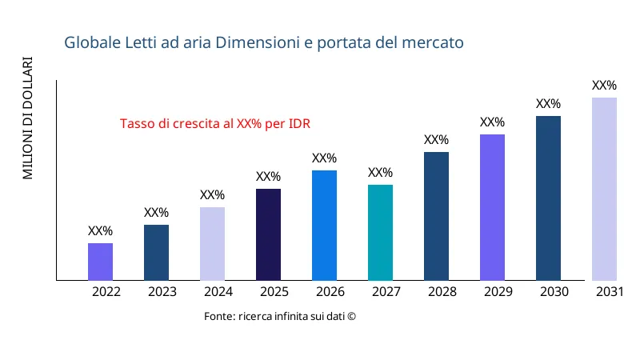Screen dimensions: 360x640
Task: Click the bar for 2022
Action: pyautogui.click(x=100, y=262)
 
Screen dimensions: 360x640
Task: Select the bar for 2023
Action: pyautogui.click(x=156, y=253)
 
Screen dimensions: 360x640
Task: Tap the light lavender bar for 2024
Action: pyautogui.click(x=212, y=244)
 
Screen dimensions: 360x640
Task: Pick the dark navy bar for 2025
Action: pyautogui.click(x=268, y=234)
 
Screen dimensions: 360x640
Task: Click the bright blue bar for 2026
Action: pyautogui.click(x=324, y=226)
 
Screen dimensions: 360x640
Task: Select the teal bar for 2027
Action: pyautogui.click(x=380, y=233)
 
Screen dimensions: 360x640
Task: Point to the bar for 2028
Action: pyautogui.click(x=436, y=216)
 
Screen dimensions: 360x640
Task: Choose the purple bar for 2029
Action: pyautogui.click(x=492, y=207)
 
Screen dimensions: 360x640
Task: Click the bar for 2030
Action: pyautogui.click(x=548, y=198)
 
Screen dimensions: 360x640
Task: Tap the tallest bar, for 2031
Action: pyautogui.click(x=604, y=189)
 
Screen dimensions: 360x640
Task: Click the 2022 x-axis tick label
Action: pyautogui.click(x=106, y=292)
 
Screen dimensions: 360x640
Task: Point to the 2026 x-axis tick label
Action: pyautogui.click(x=330, y=292)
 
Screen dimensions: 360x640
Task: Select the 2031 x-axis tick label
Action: pyautogui.click(x=610, y=292)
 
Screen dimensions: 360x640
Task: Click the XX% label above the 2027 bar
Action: pyautogui.click(x=380, y=173)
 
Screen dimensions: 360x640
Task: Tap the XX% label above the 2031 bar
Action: pyautogui.click(x=604, y=86)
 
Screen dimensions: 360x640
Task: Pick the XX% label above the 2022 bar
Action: pyautogui.click(x=100, y=231)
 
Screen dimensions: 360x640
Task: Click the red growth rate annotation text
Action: pyautogui.click(x=214, y=124)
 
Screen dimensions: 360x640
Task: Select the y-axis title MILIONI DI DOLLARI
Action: pyautogui.click(x=28, y=118)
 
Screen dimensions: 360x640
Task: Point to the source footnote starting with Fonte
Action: pyautogui.click(x=279, y=317)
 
